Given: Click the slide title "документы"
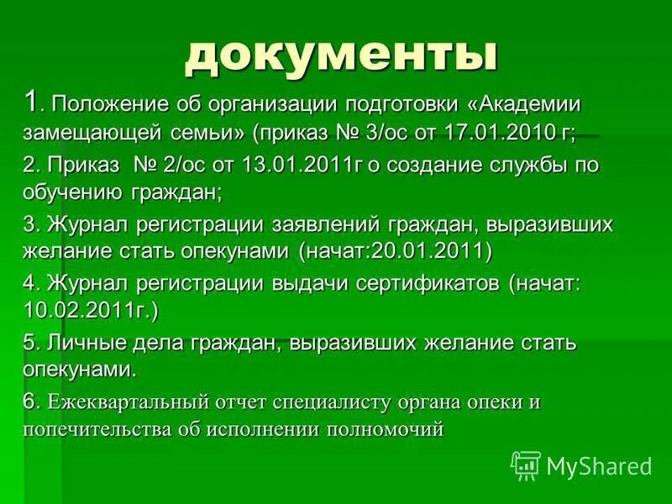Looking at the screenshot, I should tap(340, 55).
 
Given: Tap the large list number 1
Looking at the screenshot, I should tap(30, 103).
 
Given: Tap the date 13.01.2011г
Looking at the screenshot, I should tap(299, 165).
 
